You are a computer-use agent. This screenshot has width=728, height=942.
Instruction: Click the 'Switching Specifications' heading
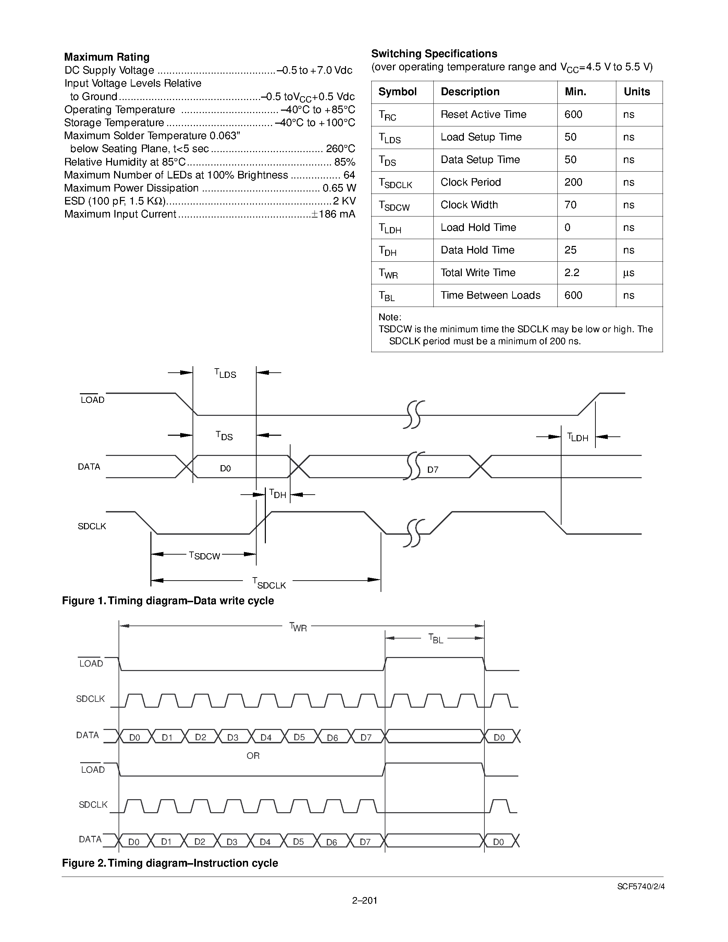click(x=434, y=54)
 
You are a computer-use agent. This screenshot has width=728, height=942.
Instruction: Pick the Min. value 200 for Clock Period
click(x=573, y=183)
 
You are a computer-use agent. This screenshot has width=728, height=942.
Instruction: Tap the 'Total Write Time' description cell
click(x=478, y=273)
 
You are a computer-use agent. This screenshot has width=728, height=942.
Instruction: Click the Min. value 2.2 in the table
click(x=571, y=273)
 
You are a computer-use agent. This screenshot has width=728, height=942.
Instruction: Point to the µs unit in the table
click(x=628, y=273)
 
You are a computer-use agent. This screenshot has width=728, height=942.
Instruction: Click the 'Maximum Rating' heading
click(x=107, y=57)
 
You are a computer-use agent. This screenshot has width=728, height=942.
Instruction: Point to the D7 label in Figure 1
click(x=433, y=470)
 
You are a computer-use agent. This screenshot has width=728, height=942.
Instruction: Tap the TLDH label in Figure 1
click(x=578, y=437)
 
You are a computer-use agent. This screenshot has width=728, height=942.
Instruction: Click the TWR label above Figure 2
click(x=298, y=627)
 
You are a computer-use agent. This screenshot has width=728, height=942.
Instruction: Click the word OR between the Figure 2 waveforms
click(x=253, y=756)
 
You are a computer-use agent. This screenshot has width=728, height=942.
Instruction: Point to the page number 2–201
click(x=365, y=900)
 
